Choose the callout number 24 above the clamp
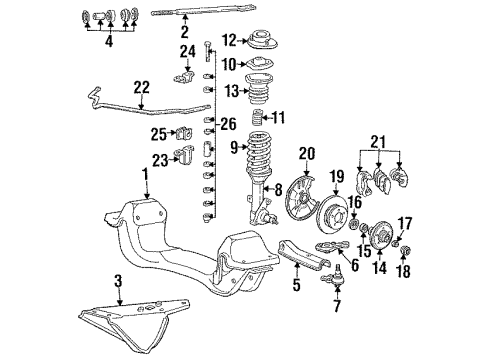(x=186, y=51)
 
